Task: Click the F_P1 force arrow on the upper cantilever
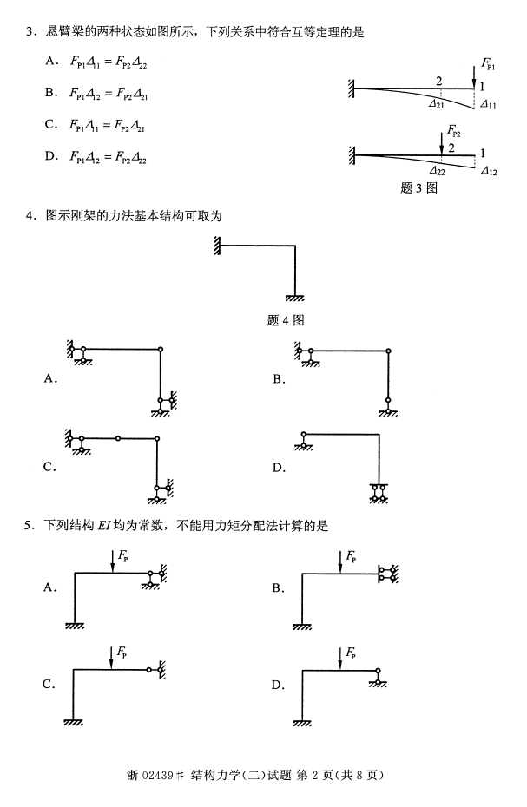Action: (474, 75)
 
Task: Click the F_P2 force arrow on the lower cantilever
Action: (441, 143)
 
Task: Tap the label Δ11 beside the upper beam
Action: (489, 103)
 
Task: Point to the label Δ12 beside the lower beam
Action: (489, 171)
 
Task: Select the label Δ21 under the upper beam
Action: (437, 103)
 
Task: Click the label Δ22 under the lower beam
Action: (437, 171)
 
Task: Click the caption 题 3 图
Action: (418, 187)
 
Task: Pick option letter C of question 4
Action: (50, 467)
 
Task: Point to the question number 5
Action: (29, 525)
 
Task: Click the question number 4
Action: (29, 215)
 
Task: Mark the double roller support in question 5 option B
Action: (387, 574)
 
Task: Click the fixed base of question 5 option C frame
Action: (73, 722)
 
